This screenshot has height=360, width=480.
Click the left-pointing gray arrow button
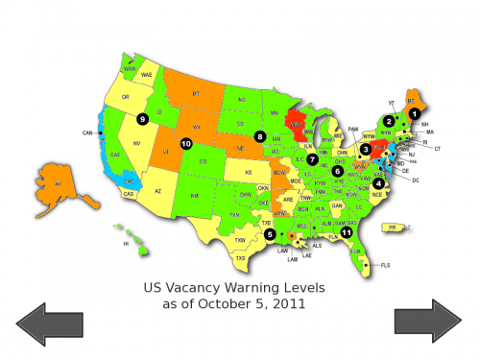[49, 322]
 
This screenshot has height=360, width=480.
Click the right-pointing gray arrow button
[428, 322]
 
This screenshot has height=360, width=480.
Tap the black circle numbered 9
[142, 119]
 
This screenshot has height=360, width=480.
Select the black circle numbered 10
[186, 144]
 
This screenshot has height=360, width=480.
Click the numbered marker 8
[260, 137]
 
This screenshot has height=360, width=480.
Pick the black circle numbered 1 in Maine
[415, 113]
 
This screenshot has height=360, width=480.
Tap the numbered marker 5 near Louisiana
[270, 233]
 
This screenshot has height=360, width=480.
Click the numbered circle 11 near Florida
[347, 232]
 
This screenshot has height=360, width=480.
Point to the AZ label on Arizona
[158, 191]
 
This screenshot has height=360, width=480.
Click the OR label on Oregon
[125, 97]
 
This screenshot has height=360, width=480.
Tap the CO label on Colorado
[203, 162]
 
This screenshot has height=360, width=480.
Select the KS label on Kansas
[248, 173]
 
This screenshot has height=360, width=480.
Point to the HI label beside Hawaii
[125, 244]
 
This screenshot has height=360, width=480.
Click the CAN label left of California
[86, 132]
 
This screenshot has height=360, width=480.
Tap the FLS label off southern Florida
[386, 264]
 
